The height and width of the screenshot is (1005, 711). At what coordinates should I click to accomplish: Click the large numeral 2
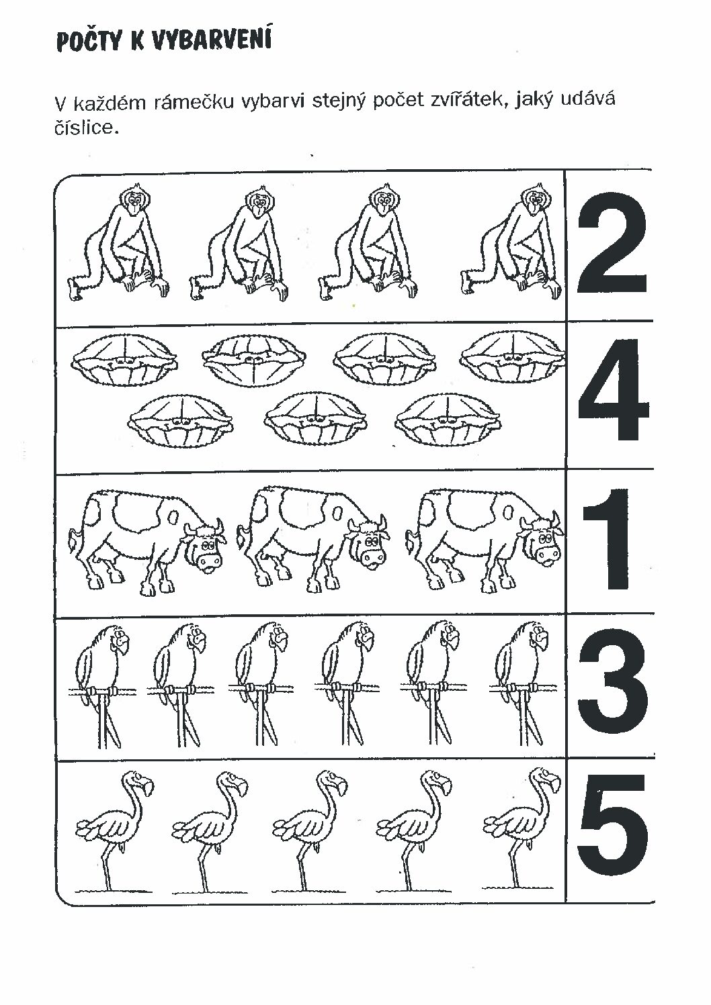click(x=612, y=244)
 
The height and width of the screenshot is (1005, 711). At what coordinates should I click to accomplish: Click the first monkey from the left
click(x=118, y=245)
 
